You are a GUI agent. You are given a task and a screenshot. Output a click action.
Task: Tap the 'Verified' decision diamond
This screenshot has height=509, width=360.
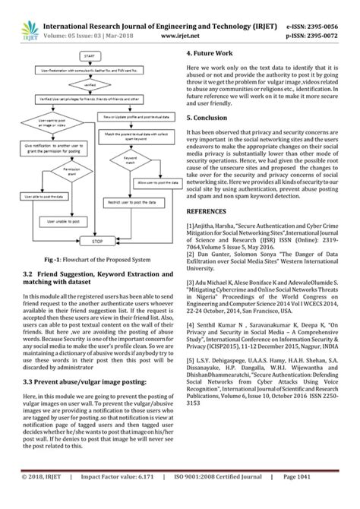point(90,86)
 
